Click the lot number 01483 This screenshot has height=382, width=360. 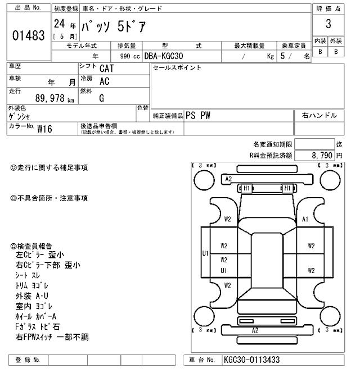[x=28, y=36]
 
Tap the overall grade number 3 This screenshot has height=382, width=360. [x=328, y=24]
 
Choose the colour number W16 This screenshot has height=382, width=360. [x=44, y=128]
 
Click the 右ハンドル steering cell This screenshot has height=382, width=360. [x=319, y=116]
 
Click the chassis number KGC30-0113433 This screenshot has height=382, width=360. [x=251, y=360]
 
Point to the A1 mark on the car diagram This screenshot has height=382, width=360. [x=305, y=220]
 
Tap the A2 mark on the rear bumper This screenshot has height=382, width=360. [x=255, y=330]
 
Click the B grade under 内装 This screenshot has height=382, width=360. [x=320, y=52]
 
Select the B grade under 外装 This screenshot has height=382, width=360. [x=336, y=52]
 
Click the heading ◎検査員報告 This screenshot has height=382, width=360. [x=31, y=246]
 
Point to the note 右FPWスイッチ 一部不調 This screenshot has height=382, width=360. [x=52, y=337]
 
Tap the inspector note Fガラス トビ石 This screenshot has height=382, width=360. [x=38, y=326]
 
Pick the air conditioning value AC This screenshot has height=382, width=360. [x=104, y=83]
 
